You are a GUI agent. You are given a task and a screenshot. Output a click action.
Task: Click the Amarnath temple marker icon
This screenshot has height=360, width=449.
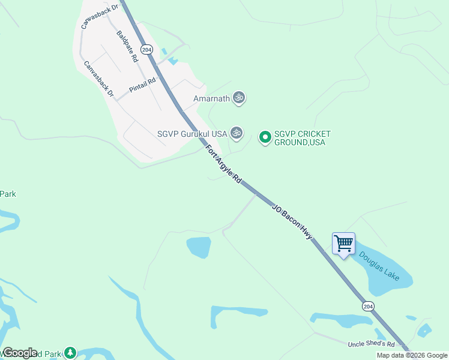239,98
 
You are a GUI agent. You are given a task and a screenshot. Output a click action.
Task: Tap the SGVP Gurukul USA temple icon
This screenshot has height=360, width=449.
237,133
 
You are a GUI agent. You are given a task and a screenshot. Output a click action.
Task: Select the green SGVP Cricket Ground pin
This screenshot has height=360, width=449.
265,137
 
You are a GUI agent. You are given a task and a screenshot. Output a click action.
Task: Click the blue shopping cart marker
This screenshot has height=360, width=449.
343,244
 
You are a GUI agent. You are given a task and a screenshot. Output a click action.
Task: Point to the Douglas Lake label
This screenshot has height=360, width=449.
379,265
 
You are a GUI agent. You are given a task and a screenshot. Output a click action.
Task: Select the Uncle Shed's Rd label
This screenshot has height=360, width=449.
371,344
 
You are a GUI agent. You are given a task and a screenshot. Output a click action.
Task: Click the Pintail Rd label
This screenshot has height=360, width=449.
142,85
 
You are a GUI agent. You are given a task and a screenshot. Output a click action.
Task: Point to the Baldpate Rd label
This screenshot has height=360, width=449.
128,47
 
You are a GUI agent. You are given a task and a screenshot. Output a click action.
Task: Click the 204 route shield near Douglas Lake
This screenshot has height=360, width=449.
368,306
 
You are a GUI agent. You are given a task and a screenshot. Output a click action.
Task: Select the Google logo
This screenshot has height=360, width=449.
19,353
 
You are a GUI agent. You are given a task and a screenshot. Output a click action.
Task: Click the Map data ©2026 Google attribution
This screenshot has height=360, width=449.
412,355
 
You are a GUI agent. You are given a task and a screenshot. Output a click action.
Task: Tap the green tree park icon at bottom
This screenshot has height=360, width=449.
71,352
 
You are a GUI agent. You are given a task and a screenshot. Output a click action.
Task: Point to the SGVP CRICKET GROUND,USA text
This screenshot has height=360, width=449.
303,138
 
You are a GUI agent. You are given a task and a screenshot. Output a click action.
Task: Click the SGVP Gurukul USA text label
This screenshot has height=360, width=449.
191,134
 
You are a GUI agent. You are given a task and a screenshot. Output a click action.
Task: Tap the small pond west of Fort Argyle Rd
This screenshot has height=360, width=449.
199,247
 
